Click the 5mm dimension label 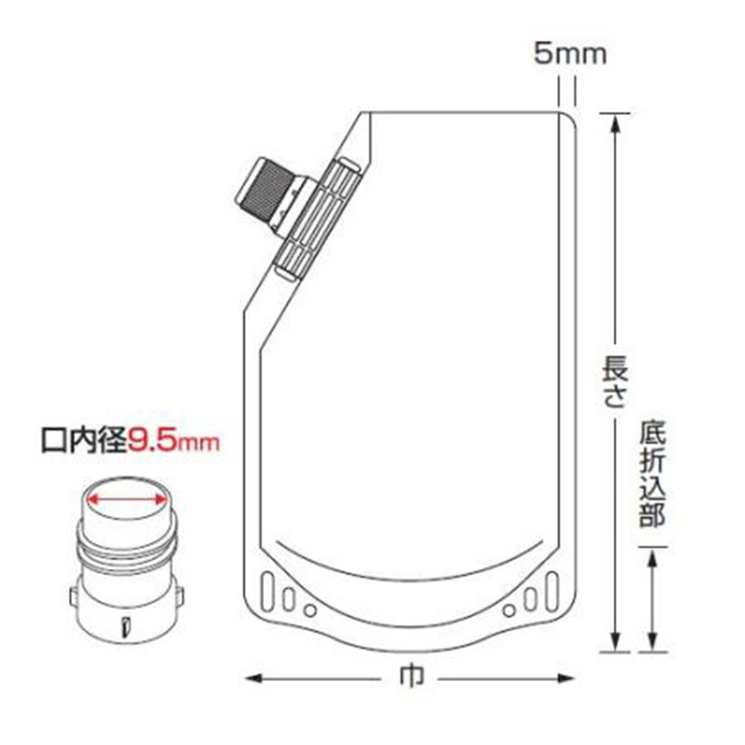click(570, 54)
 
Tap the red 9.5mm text click(173, 441)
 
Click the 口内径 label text click(85, 441)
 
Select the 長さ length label click(615, 383)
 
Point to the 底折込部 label click(653, 474)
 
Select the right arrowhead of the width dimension click(566, 678)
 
